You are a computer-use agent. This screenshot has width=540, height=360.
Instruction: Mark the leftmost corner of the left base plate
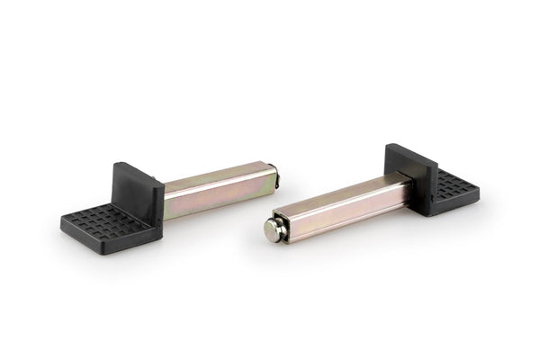[x=62, y=220]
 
